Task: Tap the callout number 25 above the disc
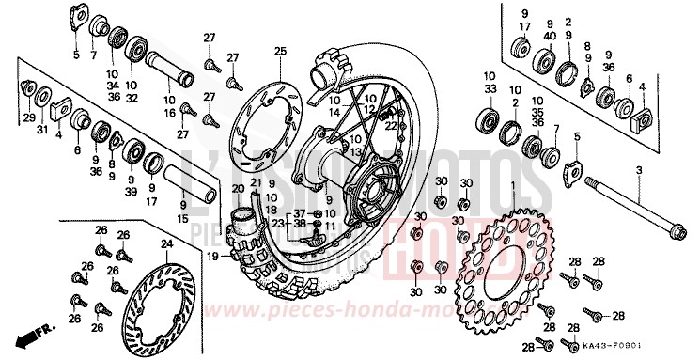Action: pos(279,50)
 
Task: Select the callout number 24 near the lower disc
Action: pos(165,244)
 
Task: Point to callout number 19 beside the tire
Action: pos(212,256)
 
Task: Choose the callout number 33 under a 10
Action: pos(490,89)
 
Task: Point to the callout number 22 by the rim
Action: pos(388,123)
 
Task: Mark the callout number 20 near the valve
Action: pos(239,188)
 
